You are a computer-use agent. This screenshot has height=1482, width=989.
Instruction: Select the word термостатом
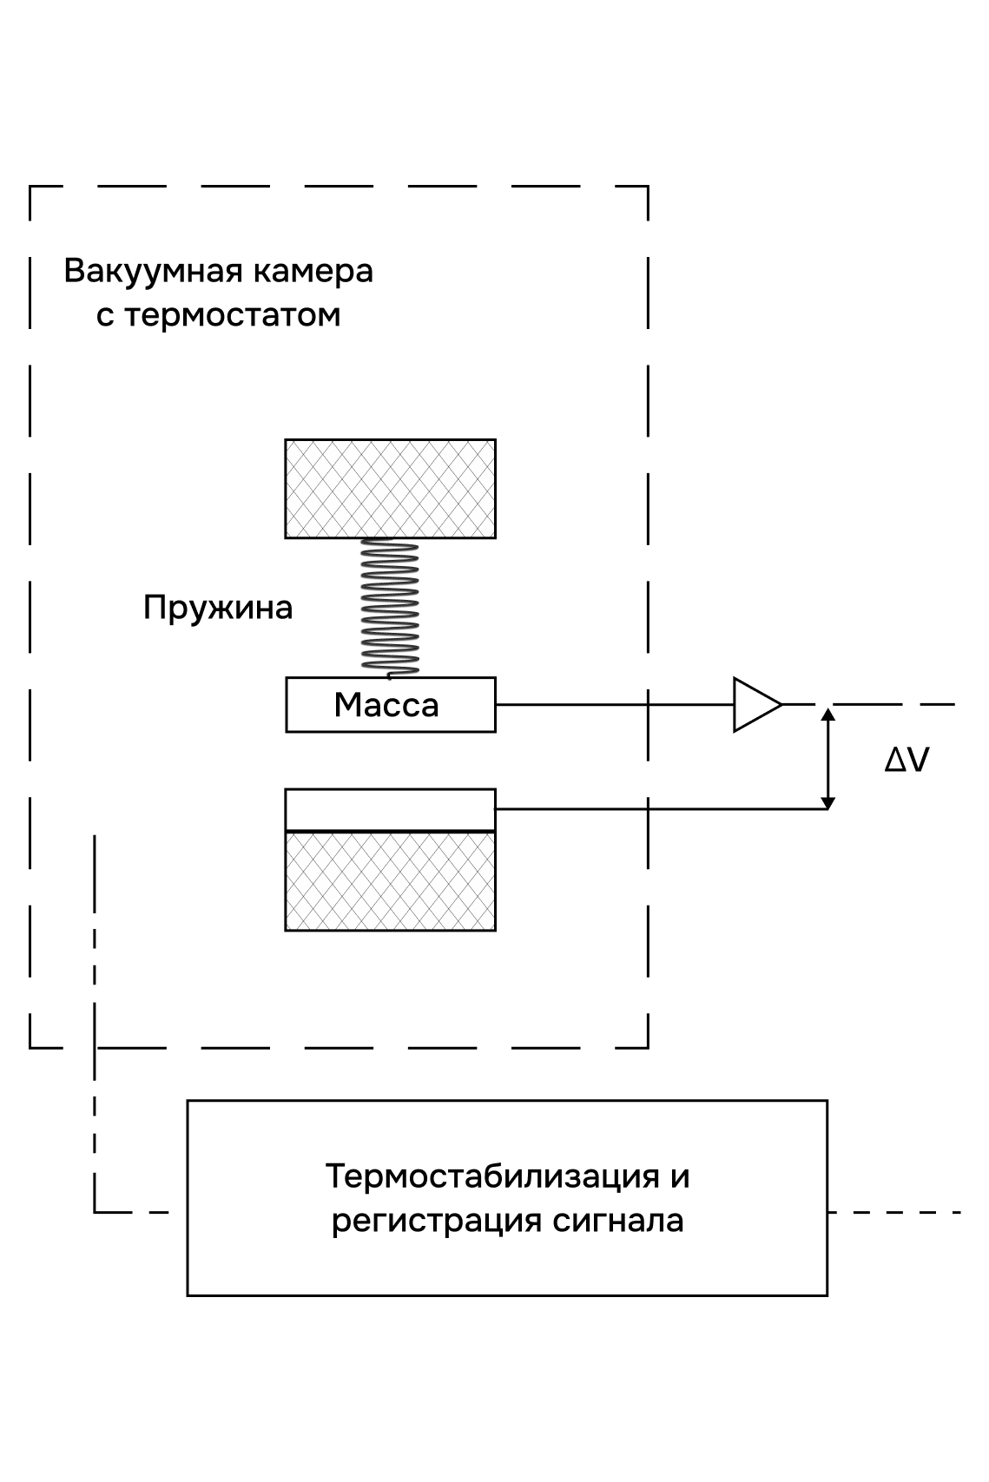[x=232, y=314]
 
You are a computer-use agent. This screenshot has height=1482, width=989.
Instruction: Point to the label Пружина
[x=218, y=607]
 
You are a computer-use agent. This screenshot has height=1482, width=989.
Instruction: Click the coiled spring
[x=390, y=607]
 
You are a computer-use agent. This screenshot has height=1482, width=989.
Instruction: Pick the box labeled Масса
[x=390, y=705]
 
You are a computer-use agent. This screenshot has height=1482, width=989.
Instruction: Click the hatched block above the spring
[x=390, y=489]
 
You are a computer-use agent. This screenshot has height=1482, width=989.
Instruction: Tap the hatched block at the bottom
[x=390, y=881]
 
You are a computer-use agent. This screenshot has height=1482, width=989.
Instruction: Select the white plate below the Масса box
[x=390, y=810]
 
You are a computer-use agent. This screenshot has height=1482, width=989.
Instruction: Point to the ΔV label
[x=907, y=761]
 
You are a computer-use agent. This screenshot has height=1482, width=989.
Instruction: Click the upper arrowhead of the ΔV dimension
[x=828, y=715]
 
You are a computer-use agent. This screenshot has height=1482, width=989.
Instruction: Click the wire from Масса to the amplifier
[x=608, y=704]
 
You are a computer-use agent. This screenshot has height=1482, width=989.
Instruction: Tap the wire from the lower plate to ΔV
[x=660, y=809]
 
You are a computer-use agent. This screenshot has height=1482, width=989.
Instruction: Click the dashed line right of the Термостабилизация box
[x=894, y=1211]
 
